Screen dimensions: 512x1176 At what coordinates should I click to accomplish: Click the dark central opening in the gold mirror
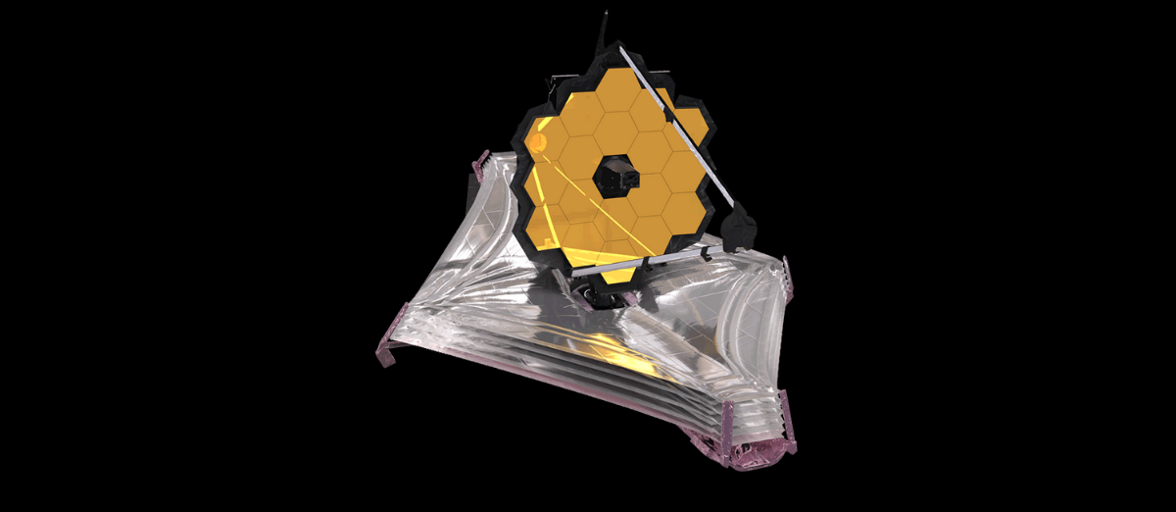[x=614, y=178]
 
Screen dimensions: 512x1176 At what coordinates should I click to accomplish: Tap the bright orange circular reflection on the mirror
[x=537, y=145]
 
